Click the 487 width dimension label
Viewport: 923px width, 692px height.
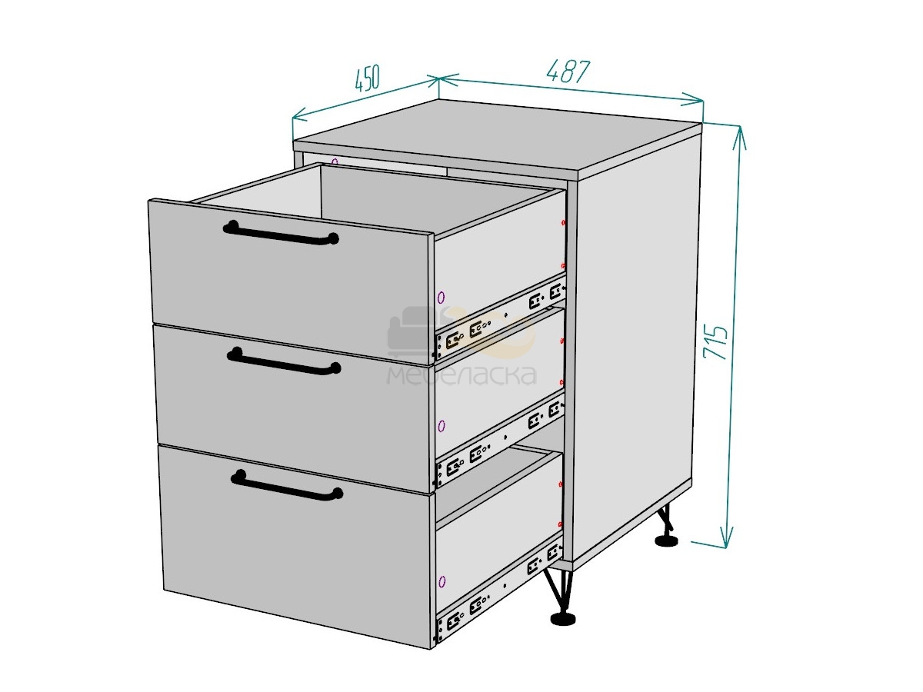click(568, 71)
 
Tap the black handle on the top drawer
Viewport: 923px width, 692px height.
click(281, 233)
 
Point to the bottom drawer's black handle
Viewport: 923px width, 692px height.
click(287, 485)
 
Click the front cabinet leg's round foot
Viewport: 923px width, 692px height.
click(563, 619)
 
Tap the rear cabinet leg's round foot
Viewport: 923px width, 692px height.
click(667, 541)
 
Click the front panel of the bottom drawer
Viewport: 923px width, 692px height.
click(295, 546)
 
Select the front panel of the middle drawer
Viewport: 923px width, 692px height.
click(292, 408)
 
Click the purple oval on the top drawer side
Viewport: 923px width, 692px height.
click(441, 298)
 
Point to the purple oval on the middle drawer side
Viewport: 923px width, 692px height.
click(441, 427)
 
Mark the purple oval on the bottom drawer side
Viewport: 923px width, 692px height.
click(442, 582)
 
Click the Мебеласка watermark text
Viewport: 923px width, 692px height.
click(461, 375)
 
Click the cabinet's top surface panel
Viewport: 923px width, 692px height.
click(498, 136)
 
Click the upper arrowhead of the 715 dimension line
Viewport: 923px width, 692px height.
click(740, 137)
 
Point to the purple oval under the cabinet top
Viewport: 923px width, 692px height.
click(335, 161)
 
